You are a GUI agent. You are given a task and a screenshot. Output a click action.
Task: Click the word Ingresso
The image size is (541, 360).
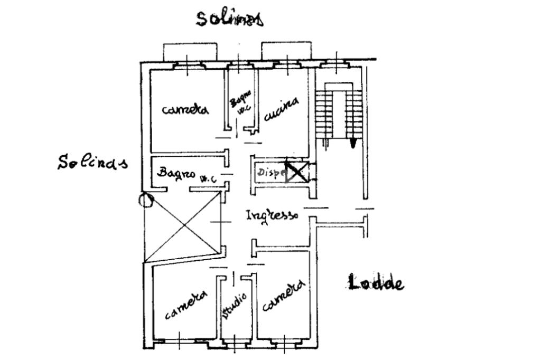(x=272, y=215)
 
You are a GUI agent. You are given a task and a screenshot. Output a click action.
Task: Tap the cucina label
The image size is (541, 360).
(x=281, y=109)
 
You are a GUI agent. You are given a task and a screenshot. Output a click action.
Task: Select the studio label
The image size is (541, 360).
(x=235, y=306)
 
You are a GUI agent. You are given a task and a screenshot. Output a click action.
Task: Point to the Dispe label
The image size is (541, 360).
(x=271, y=172)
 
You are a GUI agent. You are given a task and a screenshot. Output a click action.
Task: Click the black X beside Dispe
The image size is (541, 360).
(x=295, y=172)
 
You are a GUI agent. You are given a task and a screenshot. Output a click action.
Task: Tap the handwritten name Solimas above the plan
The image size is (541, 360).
(x=229, y=18)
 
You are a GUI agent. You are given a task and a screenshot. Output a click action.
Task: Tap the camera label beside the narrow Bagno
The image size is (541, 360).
(x=185, y=109)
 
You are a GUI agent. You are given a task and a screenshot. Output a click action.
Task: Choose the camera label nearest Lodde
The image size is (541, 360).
(x=283, y=296)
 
